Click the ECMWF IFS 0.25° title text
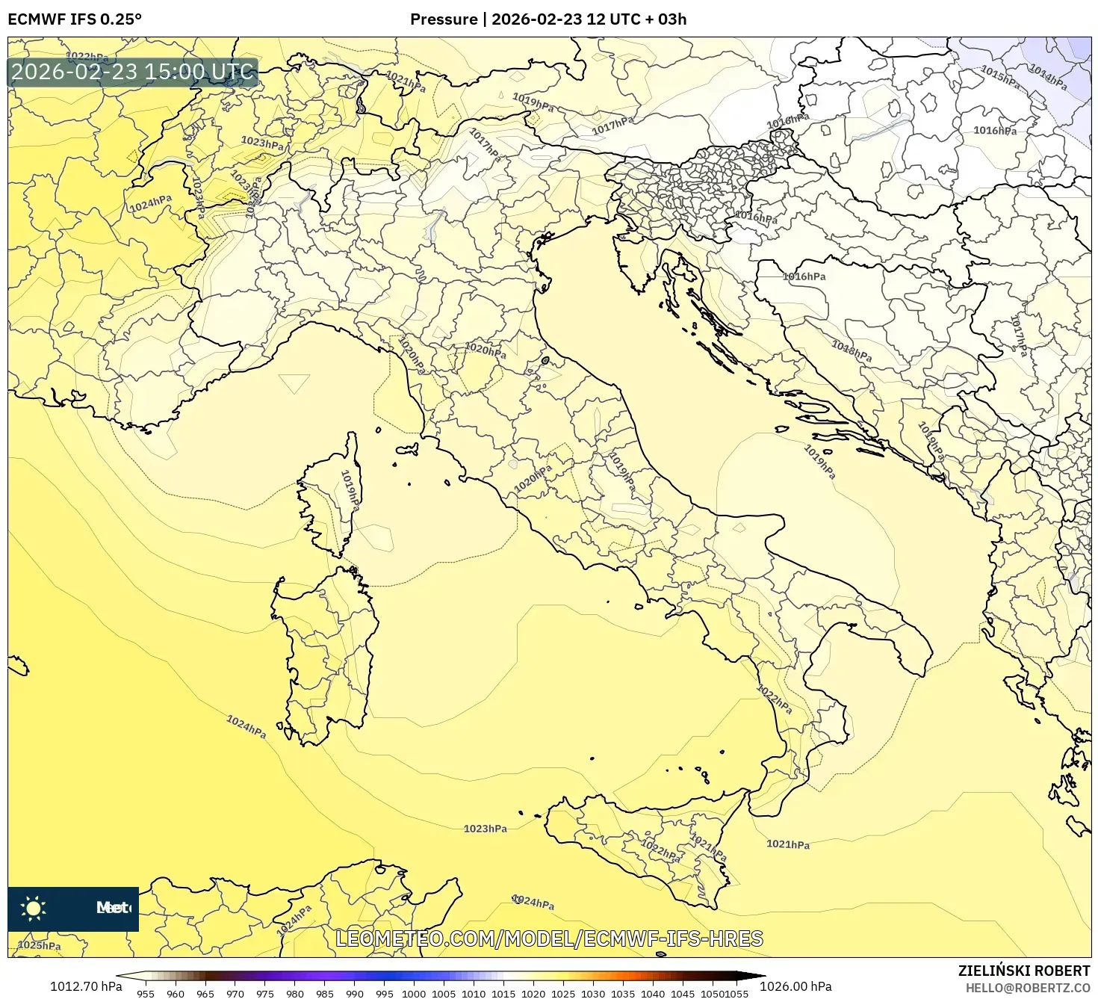(74, 19)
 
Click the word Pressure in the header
(444, 19)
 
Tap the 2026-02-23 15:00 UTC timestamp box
(132, 72)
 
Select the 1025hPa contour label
(39, 945)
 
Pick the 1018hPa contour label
(852, 350)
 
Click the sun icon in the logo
(33, 909)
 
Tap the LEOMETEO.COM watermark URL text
(549, 938)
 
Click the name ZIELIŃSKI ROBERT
(1023, 971)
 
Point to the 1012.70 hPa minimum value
(86, 986)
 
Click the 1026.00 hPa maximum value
(795, 986)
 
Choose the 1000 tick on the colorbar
(414, 994)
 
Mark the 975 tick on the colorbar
(265, 994)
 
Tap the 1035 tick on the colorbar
(623, 994)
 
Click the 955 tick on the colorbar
(146, 994)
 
